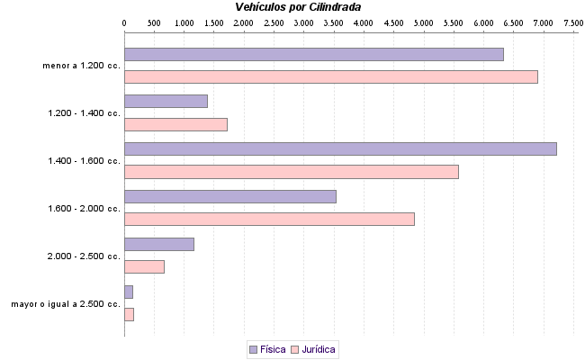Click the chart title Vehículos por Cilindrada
click(297, 6)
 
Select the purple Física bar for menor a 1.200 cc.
click(313, 54)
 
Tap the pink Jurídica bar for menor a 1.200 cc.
click(330, 76)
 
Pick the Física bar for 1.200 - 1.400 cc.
click(166, 101)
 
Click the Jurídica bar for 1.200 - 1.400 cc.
click(175, 124)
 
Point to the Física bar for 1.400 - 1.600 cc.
click(340, 148)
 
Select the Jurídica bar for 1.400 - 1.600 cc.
click(291, 172)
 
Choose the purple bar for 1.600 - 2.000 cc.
click(229, 196)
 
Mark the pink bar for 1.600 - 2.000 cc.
click(269, 219)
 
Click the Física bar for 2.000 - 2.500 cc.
click(158, 244)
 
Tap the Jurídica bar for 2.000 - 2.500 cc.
click(144, 266)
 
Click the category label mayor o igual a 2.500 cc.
click(66, 304)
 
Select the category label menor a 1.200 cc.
click(81, 66)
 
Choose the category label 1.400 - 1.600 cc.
click(84, 161)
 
